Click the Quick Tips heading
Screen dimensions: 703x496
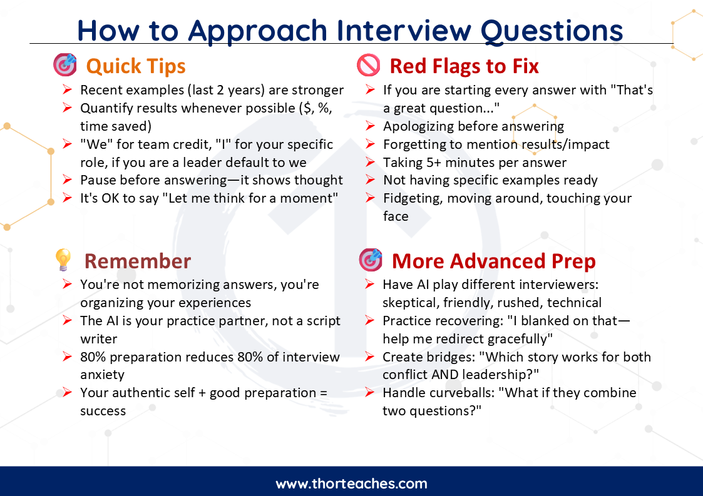click(135, 67)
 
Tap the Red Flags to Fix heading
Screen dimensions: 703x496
click(464, 66)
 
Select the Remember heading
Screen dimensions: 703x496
click(138, 261)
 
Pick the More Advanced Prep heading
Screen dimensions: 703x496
click(494, 261)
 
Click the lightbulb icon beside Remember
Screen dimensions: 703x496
click(63, 260)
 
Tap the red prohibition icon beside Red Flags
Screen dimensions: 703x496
click(369, 66)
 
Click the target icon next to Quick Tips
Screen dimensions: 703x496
click(65, 65)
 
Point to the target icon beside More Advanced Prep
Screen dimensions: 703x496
click(371, 260)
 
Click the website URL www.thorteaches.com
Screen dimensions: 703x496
click(352, 484)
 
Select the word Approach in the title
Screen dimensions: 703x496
click(257, 31)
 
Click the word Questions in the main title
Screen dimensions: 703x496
click(552, 31)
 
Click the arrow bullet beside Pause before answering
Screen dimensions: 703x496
click(67, 180)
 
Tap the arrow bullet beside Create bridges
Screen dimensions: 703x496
click(369, 357)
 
